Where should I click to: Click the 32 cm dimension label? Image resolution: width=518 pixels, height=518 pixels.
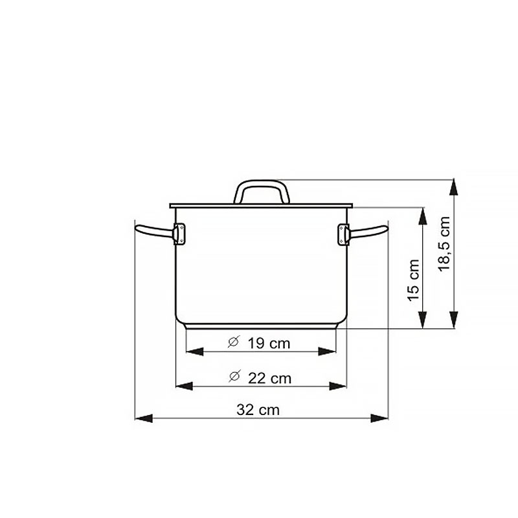(x=258, y=410)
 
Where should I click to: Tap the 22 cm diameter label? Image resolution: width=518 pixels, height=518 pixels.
(x=269, y=378)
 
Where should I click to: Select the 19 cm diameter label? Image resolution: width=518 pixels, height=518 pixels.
(x=269, y=343)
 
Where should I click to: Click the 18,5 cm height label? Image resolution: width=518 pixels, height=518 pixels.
(x=444, y=244)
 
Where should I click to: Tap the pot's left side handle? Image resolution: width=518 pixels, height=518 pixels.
(x=155, y=231)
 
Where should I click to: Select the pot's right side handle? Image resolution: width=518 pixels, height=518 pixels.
(x=368, y=231)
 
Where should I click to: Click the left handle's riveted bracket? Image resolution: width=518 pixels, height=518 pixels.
(x=179, y=234)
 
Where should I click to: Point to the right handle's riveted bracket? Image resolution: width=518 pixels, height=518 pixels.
(x=344, y=234)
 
